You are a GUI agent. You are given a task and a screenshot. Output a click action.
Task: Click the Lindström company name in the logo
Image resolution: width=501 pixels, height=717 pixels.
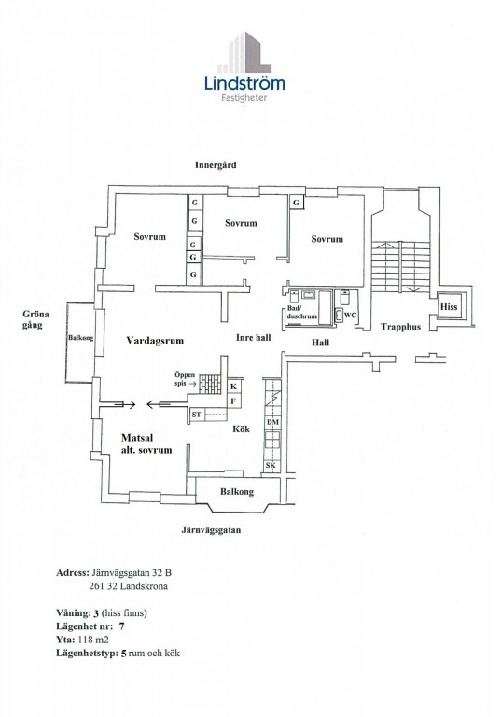coord(244,83)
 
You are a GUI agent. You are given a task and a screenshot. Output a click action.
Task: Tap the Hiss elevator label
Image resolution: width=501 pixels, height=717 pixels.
coord(449,307)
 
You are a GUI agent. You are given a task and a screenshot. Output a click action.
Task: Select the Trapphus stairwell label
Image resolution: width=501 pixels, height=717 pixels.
coord(400,327)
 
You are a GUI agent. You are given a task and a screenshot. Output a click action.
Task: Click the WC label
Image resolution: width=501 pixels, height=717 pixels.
coord(350,315)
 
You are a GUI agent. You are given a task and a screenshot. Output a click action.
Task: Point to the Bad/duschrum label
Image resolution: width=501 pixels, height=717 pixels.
coord(301,312)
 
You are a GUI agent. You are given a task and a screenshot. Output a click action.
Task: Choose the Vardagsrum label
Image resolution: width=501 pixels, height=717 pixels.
coord(155,341)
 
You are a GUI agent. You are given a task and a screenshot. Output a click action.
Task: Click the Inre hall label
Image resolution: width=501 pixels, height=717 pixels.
coord(253,337)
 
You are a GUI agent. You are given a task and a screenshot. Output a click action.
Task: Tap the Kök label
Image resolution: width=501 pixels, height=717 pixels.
coord(241,429)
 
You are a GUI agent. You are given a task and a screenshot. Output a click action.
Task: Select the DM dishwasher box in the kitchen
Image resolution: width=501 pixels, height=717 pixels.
coord(272,423)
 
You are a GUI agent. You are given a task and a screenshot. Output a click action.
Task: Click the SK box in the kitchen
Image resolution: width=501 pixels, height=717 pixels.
coord(271,466)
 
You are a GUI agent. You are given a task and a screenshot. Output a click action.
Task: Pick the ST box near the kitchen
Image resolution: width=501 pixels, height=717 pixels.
coord(196,415)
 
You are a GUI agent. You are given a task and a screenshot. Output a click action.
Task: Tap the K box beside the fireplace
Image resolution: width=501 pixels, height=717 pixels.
coord(234,387)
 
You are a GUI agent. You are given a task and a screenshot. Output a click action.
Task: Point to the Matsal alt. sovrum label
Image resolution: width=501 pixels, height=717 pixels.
coord(146,443)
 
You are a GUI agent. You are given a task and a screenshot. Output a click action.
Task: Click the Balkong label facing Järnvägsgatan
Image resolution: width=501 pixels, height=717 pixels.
coord(237,492)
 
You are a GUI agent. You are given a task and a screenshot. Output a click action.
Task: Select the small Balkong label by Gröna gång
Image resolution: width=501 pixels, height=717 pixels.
coord(80,338)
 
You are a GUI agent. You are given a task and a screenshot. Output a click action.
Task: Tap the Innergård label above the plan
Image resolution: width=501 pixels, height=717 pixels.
coord(216,165)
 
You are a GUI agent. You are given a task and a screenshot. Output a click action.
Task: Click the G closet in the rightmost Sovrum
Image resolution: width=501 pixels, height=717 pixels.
coord(296,202)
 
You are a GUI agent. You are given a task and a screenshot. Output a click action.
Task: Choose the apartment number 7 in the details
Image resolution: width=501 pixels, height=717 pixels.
coord(121,626)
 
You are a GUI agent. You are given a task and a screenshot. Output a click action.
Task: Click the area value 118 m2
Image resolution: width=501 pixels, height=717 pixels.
coord(93,640)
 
